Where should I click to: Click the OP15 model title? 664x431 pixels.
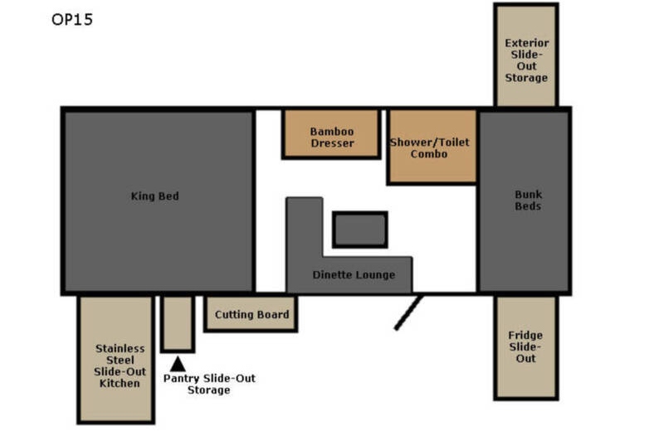[72, 19]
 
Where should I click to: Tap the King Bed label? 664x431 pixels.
[154, 196]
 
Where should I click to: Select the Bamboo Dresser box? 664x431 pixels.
[331, 134]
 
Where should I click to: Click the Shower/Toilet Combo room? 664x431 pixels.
[432, 147]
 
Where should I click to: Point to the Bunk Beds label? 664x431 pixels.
[528, 201]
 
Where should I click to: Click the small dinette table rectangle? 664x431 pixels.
[360, 230]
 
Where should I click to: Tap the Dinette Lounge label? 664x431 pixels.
[354, 275]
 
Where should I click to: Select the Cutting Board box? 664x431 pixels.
[251, 314]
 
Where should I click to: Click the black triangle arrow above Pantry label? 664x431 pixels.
[178, 364]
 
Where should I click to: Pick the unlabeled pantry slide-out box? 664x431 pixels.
[178, 324]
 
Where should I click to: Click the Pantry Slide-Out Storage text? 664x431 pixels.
[209, 384]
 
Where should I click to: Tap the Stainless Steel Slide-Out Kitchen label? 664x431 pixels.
[120, 366]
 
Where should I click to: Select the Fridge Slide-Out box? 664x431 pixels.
[526, 347]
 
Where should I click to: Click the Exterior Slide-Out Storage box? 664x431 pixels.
[526, 55]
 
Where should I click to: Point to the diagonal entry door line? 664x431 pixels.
[408, 312]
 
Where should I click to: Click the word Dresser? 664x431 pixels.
[333, 143]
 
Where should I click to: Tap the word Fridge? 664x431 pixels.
[525, 336]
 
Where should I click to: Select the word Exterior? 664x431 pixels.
[527, 43]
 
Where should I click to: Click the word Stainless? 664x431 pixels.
[120, 348]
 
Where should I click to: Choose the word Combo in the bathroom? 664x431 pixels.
[429, 154]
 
